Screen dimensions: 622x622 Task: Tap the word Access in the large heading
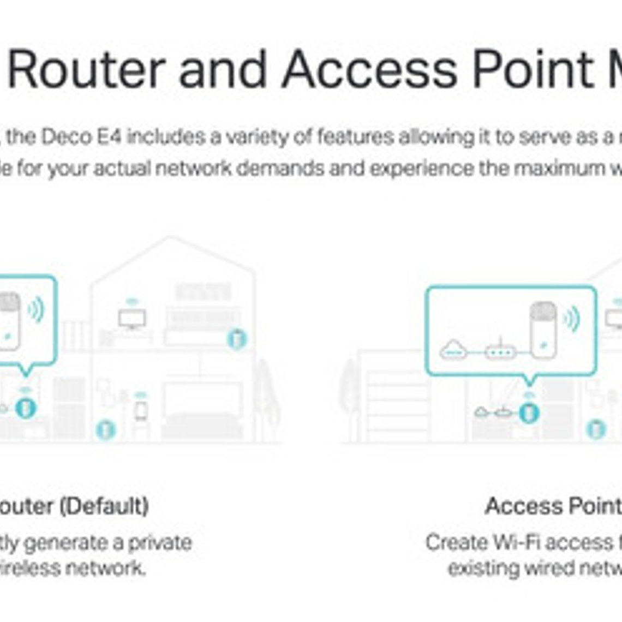point(369,70)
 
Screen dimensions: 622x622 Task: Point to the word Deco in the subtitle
point(66,136)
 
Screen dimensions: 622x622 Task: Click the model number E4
point(109,136)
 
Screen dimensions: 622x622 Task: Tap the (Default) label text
point(104,506)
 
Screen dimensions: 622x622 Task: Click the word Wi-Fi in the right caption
point(516,543)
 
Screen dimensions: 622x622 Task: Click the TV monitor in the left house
point(131,317)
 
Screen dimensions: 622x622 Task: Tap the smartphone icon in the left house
point(141,411)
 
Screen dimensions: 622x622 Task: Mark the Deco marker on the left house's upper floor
point(237,339)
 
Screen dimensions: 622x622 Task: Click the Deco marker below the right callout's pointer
point(528,412)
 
